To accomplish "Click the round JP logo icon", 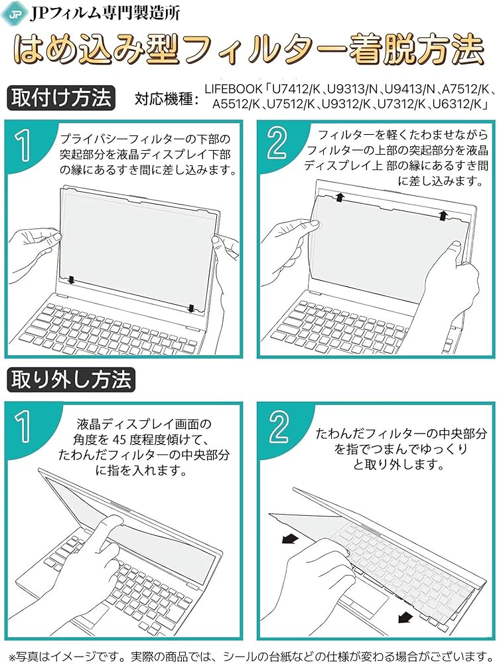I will point(15,13).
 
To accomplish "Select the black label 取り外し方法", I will point(71,379).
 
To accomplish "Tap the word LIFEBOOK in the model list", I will point(234,88).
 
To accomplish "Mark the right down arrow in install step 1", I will point(191,307).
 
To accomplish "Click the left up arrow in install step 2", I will point(340,197).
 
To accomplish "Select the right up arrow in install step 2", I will point(442,214).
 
